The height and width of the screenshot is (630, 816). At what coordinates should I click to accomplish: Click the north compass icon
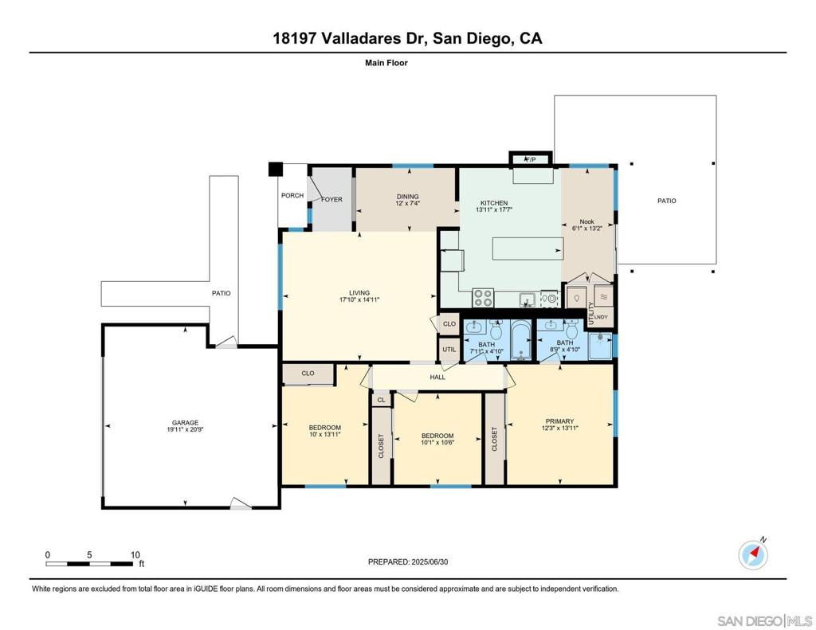[753, 555]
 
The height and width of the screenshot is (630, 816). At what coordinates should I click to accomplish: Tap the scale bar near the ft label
[89, 563]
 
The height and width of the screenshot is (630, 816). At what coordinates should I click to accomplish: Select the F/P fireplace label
[530, 160]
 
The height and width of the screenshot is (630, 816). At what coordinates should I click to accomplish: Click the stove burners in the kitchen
[482, 298]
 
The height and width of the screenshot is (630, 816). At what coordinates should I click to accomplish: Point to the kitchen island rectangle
[528, 248]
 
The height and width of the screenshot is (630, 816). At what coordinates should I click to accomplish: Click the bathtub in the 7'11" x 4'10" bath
[521, 341]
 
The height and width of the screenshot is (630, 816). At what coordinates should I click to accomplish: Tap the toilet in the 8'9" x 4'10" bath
[572, 330]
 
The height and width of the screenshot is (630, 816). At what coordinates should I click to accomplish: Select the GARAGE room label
[185, 423]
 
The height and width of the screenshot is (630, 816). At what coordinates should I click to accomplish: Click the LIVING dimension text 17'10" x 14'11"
[359, 299]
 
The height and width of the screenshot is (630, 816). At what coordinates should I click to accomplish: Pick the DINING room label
[407, 197]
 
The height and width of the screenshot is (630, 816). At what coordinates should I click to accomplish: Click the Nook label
[586, 221]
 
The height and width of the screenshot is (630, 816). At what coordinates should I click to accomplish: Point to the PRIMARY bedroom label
[559, 421]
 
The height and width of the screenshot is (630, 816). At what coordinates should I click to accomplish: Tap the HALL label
[437, 378]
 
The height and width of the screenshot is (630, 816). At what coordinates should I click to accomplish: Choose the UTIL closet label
[449, 350]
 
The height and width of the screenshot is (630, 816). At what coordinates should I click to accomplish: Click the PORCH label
[292, 196]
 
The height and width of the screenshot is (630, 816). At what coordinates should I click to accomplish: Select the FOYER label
[331, 199]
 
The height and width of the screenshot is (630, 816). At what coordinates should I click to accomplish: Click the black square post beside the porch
[275, 169]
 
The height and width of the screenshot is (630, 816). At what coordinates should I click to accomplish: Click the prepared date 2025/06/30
[430, 562]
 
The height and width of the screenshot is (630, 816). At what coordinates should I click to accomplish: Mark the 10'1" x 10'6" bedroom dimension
[437, 443]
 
